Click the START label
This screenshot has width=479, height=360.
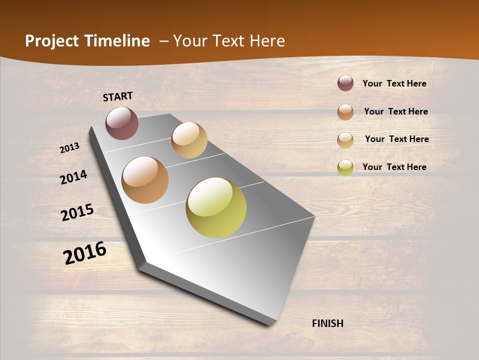(118, 96)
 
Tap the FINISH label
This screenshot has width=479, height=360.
(328, 323)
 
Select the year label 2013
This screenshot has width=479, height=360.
(69, 148)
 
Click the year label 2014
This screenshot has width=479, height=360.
(73, 177)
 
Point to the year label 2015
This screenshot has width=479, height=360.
(77, 212)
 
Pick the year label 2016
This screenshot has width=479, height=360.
(85, 253)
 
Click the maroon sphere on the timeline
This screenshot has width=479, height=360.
(122, 123)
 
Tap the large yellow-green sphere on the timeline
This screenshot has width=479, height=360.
(216, 207)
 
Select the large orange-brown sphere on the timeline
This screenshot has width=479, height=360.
(145, 180)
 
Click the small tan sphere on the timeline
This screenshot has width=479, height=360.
(189, 140)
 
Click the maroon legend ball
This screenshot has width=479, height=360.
(345, 83)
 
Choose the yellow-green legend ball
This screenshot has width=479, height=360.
(345, 167)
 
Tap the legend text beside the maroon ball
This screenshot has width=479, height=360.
(394, 83)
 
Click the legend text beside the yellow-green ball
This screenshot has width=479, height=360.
(394, 167)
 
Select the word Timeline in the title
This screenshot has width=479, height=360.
(117, 41)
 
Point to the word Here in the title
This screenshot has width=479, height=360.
(267, 41)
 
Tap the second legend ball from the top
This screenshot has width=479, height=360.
(345, 112)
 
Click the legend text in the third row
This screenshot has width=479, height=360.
(397, 139)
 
